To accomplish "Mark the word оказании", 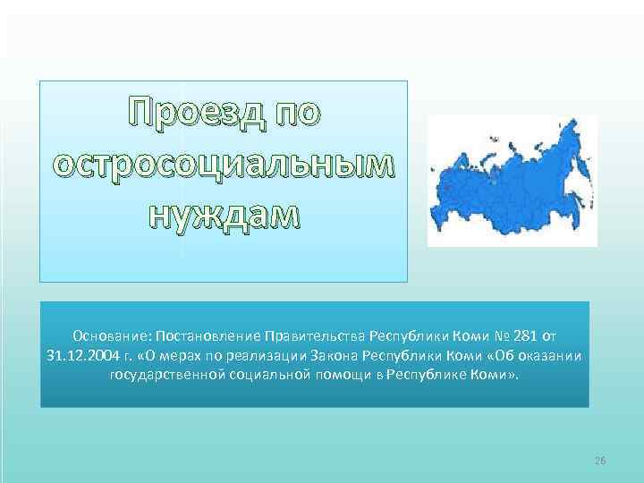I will click(549, 355).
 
